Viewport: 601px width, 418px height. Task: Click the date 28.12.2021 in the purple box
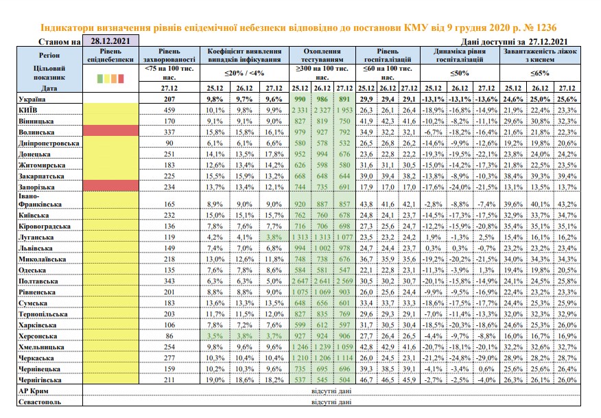point(110,41)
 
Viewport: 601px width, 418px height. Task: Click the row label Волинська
point(36,132)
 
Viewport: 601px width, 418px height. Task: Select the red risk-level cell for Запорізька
point(110,186)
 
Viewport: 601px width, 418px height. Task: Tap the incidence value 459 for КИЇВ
point(169,110)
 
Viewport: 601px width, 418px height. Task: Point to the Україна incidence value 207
point(169,99)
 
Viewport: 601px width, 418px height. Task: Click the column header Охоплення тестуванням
point(322,55)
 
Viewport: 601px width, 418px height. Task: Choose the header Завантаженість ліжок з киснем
point(540,55)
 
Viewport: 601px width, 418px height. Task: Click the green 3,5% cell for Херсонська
point(215,336)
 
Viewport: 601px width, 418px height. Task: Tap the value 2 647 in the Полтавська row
point(300,281)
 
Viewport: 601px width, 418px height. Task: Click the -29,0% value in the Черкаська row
point(486,358)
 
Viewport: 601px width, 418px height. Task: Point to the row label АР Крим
point(34,391)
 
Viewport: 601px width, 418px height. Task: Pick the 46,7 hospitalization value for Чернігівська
point(366,380)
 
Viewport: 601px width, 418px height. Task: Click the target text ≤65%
point(540,73)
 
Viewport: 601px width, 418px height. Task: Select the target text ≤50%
point(460,73)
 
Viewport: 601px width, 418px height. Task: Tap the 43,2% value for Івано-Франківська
point(567,205)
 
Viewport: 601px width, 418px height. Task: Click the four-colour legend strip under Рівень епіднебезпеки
point(110,79)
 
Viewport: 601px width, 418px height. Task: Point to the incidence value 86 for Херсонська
point(169,336)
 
